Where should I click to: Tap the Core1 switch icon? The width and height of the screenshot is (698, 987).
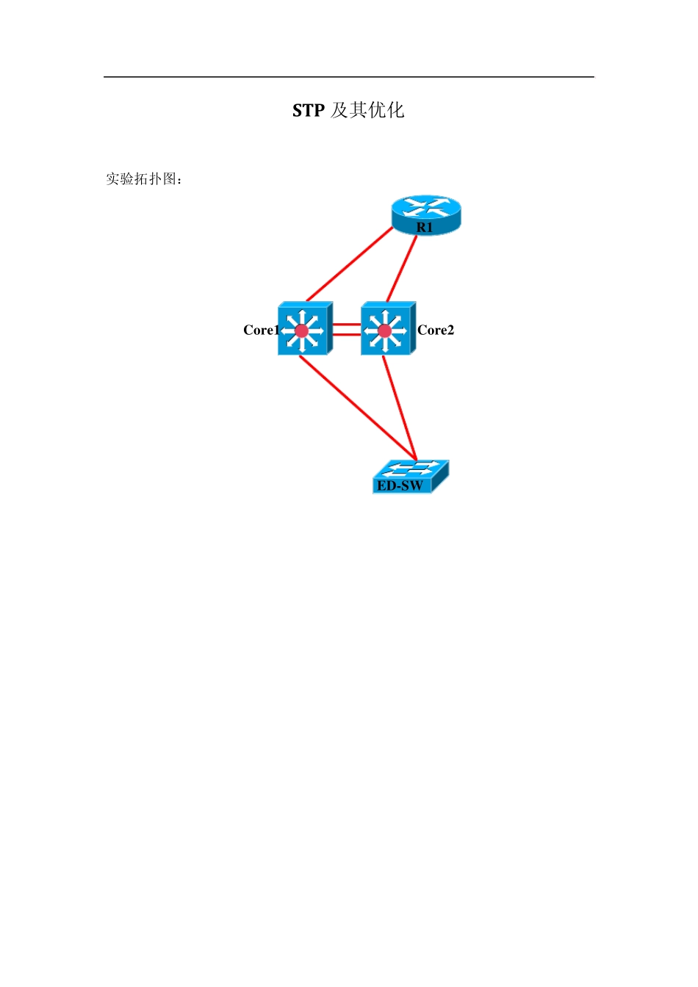pos(304,328)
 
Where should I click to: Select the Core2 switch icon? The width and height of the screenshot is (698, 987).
pos(387,328)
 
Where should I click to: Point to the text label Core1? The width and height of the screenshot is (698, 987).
pos(261,330)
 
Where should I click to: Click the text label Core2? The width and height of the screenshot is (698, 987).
pos(436,330)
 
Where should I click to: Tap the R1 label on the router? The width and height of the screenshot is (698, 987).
pos(425,228)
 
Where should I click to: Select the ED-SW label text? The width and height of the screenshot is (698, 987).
pos(400,486)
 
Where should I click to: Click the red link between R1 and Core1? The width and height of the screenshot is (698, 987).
pos(350,264)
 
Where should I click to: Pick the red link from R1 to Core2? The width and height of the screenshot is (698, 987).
pos(402,269)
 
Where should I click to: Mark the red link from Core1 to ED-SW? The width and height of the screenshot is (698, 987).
pos(356,406)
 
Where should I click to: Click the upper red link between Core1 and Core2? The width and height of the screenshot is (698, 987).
pos(347,325)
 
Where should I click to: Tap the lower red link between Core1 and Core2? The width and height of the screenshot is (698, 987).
pos(347,334)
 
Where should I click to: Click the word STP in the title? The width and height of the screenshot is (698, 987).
pos(308,111)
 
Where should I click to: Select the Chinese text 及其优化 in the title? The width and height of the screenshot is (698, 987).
pos(367,110)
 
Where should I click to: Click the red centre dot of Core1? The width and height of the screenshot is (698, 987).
pos(301,331)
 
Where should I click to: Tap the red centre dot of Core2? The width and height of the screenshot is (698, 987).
pos(384,331)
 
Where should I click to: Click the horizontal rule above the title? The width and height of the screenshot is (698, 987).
pos(348,77)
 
